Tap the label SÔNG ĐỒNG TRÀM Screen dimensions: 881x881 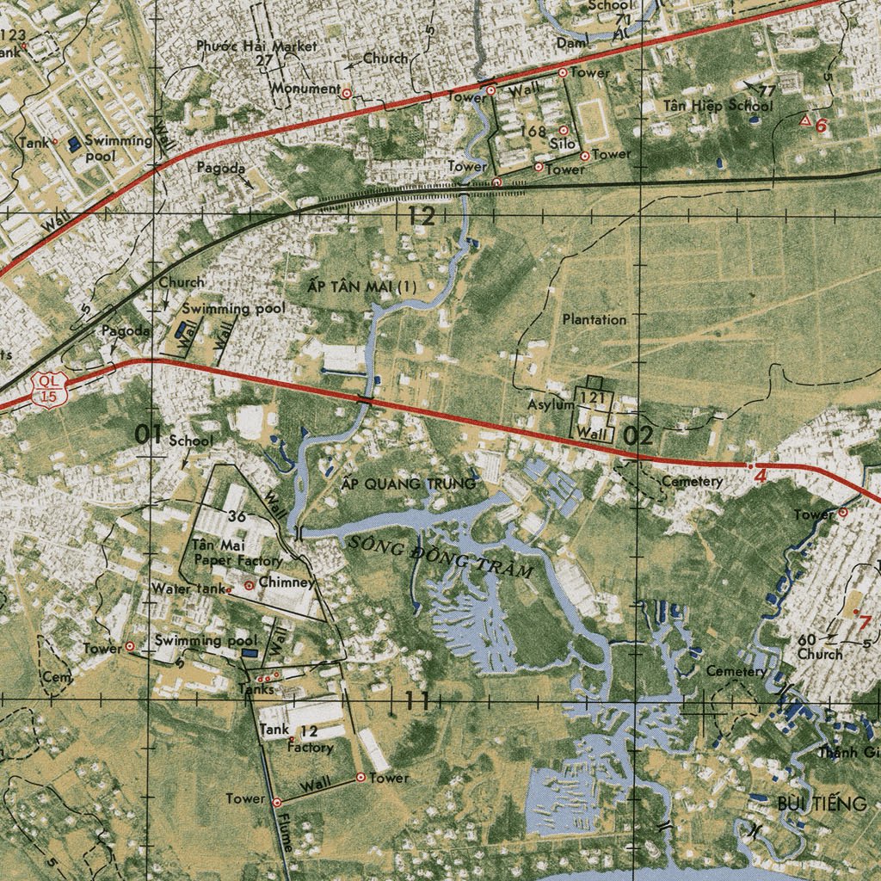(441, 555)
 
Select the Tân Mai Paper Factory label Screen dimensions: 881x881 (225, 552)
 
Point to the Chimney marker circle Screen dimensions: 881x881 (250, 585)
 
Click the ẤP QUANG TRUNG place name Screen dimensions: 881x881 (409, 484)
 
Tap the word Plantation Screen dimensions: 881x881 (595, 319)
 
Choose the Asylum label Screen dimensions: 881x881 (551, 404)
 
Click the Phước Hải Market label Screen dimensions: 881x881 (256, 46)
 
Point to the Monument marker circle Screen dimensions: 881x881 (346, 92)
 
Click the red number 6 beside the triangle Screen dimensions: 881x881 (821, 126)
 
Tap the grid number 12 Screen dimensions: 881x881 (422, 216)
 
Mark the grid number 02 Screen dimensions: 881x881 (638, 435)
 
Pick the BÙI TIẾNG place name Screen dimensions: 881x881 (822, 804)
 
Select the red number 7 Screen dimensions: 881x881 (865, 624)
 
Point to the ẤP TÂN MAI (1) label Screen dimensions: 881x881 (362, 285)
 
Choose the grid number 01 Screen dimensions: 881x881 (149, 435)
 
